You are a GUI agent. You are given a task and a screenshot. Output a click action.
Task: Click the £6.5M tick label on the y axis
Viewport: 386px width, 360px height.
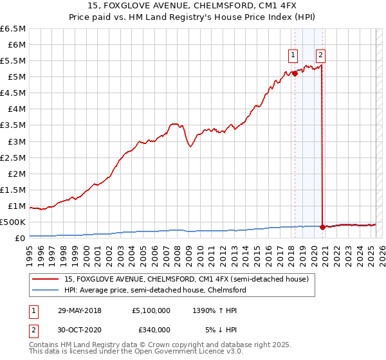point(13,29)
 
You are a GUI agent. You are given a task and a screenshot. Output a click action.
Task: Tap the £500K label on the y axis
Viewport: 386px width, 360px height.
point(13,222)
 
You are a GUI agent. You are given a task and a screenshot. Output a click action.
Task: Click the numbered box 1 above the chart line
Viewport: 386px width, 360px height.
point(293,55)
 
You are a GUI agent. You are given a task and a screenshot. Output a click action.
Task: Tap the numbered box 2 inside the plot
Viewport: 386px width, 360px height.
point(320,55)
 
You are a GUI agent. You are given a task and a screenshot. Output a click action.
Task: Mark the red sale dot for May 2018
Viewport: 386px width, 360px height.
point(295,73)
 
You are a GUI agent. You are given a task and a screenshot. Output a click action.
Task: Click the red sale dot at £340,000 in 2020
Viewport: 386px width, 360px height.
point(322,227)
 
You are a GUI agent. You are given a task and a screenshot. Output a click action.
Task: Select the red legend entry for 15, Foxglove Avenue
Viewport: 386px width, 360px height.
point(187,279)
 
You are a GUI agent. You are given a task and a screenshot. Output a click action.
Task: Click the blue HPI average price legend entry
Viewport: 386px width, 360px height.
point(155,290)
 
